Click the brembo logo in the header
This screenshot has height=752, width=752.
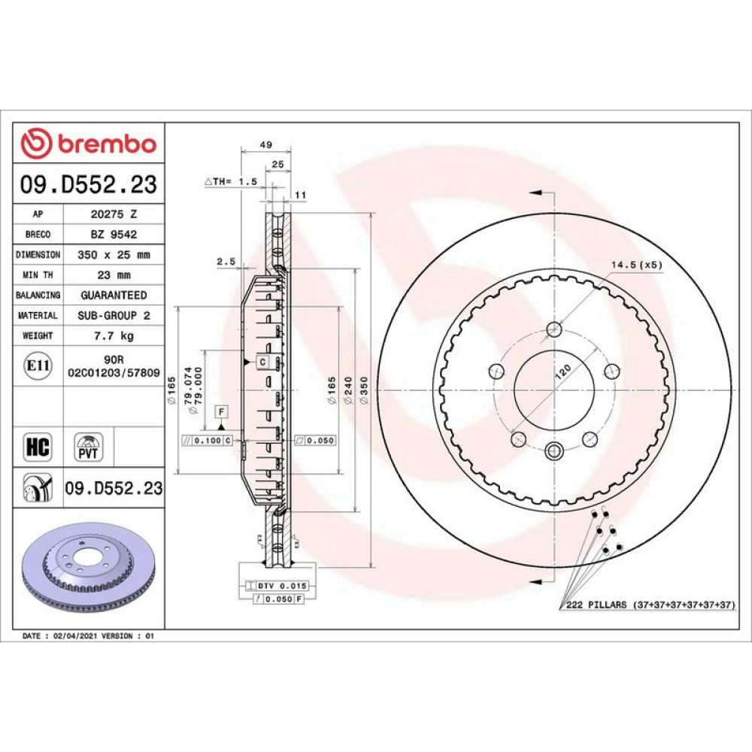tap(89, 143)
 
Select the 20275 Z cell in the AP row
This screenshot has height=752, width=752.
tap(114, 214)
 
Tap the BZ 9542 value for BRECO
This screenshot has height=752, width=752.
tap(114, 235)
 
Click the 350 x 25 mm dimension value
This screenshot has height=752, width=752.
tap(114, 255)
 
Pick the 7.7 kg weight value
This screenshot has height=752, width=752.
tap(114, 335)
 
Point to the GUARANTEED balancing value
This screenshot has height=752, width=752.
tap(114, 295)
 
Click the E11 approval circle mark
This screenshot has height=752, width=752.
tap(38, 366)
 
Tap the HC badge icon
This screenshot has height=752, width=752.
tap(38, 447)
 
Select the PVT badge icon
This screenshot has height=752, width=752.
tap(88, 447)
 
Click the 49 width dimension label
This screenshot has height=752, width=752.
tap(265, 144)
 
